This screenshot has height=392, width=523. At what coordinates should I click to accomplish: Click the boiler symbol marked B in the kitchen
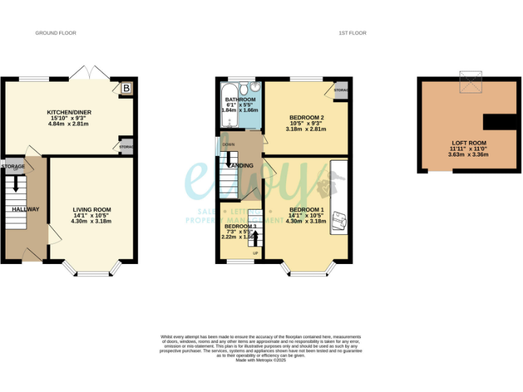click(x=126, y=88)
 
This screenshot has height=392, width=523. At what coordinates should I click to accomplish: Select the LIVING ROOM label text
click(x=92, y=210)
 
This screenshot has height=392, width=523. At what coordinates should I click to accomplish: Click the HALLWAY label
click(x=25, y=209)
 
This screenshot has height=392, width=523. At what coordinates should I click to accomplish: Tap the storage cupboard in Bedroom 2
click(x=340, y=91)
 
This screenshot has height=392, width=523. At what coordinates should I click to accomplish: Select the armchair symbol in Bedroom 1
click(x=338, y=220)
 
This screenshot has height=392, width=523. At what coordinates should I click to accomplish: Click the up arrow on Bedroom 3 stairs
click(x=256, y=240)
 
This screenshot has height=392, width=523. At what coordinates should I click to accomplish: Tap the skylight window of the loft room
click(x=469, y=80)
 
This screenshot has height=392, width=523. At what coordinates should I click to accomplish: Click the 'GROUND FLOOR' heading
click(x=56, y=33)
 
